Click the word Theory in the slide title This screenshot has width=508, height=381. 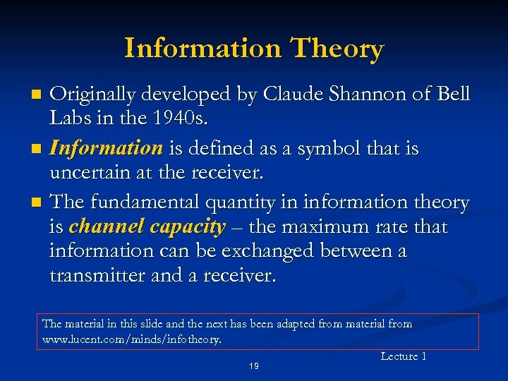(x=337, y=49)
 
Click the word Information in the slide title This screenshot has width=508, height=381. (x=202, y=49)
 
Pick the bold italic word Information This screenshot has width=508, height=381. (x=107, y=148)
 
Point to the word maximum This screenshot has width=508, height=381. (x=333, y=227)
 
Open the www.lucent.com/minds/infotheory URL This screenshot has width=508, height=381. (x=131, y=339)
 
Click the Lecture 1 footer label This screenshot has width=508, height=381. (x=404, y=356)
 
